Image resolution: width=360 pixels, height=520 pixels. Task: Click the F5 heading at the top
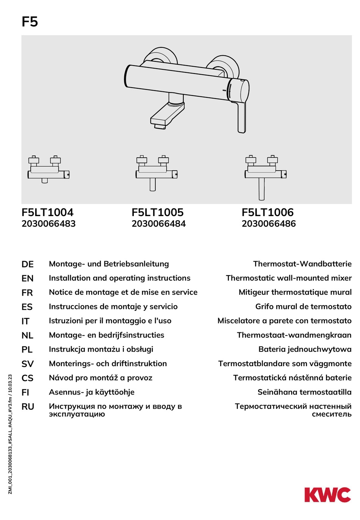tap(30, 22)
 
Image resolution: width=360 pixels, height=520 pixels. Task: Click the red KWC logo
tap(327, 495)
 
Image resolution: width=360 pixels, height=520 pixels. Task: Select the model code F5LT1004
tap(47, 212)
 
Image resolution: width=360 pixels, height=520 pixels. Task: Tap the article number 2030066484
tap(158, 224)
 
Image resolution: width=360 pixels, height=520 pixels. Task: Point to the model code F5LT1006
tap(268, 212)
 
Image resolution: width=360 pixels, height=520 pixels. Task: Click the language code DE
tap(27, 264)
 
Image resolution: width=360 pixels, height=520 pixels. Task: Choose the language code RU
tap(28, 407)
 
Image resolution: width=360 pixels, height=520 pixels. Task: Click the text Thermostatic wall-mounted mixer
tap(288, 278)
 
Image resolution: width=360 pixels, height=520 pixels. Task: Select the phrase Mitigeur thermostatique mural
tap(295, 292)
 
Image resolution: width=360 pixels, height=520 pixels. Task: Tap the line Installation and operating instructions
tap(119, 278)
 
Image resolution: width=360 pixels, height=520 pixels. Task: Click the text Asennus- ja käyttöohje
tap(91, 392)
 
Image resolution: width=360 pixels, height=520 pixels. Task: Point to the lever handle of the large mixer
tap(241, 117)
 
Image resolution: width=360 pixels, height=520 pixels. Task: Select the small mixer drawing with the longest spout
tap(265, 176)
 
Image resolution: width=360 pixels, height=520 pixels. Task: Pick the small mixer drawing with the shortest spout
tap(48, 171)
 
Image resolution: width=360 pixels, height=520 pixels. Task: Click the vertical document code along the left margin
tap(10, 434)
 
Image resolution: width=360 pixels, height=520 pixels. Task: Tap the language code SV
tap(27, 364)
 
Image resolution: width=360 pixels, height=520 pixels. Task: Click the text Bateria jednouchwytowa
tap(305, 349)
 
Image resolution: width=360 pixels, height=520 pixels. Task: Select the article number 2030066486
tap(268, 224)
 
